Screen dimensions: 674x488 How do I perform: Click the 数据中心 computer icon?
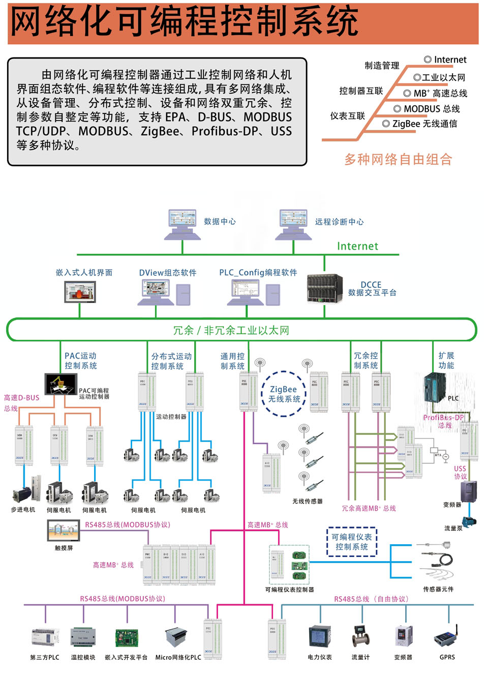(182, 223)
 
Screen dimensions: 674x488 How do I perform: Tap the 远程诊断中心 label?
(339, 222)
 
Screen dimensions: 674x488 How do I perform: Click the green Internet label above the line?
(357, 246)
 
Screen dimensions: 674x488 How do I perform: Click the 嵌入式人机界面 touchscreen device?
(80, 291)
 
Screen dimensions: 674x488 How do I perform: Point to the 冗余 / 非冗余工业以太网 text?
(231, 330)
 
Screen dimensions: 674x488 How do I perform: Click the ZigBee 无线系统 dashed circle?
(284, 394)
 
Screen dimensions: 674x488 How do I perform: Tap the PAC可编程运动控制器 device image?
(60, 384)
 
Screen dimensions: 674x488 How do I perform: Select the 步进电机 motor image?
(22, 492)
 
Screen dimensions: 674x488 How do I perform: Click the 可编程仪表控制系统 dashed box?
(352, 542)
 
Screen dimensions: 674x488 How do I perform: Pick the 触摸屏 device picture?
(64, 531)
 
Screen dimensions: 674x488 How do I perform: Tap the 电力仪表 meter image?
(320, 637)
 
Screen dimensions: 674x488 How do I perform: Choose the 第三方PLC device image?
(45, 637)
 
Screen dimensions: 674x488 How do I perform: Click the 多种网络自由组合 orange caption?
(398, 159)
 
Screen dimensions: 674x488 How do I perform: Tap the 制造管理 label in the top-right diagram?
(382, 66)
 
